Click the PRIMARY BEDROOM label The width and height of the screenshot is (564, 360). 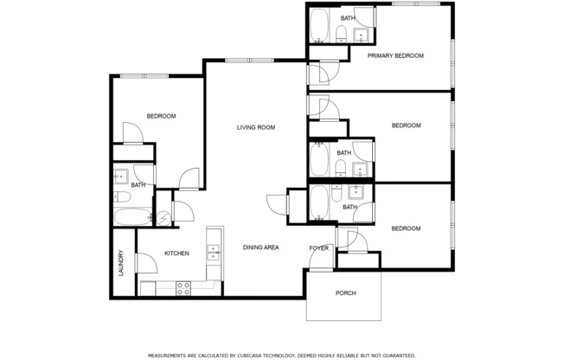point(395,55)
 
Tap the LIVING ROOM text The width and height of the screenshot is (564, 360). point(256,127)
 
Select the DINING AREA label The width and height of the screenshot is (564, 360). point(260,247)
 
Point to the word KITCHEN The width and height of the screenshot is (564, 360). point(177,254)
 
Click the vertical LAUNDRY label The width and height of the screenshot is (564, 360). point(121,262)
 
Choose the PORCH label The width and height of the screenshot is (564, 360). point(345,292)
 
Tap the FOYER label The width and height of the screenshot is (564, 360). point(318,248)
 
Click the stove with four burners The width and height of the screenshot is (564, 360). point(183,288)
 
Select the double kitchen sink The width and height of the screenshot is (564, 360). point(213,252)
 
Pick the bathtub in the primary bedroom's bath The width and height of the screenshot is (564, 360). point(318,26)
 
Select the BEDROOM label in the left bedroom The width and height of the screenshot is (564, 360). point(161,116)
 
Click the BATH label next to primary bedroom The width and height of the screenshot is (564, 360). point(347,18)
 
